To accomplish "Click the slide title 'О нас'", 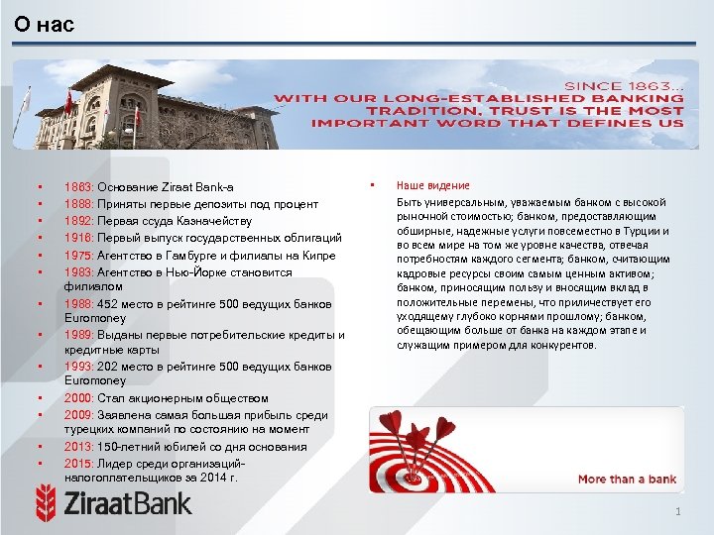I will pos(45,25).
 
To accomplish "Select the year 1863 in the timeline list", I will pos(78,186).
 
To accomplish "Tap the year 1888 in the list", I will pos(78,203).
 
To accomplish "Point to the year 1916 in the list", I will pos(78,238).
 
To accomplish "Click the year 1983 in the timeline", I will pos(78,272).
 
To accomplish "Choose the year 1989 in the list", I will pos(78,336).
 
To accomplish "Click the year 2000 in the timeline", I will pos(78,398).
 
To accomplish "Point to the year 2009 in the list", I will pos(78,415).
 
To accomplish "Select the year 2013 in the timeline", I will pos(78,447).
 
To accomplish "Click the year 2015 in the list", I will pos(78,464).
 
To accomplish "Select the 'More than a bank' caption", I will pos(627,480).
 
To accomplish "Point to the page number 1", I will pos(678,512).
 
